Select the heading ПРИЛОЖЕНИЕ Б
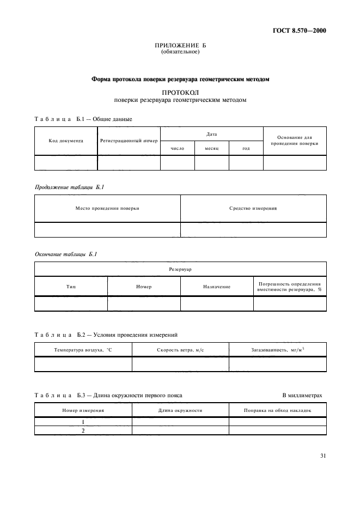click(x=180, y=45)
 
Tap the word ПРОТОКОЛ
click(x=180, y=93)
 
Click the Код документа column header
click(x=66, y=141)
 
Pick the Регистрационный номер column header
click(x=129, y=141)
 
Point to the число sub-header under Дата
click(x=177, y=148)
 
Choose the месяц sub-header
click(x=211, y=148)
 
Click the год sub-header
click(x=246, y=148)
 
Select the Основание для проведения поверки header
click(x=295, y=140)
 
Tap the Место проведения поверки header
click(x=107, y=208)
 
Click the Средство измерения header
click(x=253, y=208)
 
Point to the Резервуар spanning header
click(x=180, y=269)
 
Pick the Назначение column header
click(x=217, y=286)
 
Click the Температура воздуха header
click(x=83, y=349)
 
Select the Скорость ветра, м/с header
click(x=180, y=349)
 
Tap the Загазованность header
click(x=278, y=349)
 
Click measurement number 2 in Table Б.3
click(x=83, y=430)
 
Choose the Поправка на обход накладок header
click(x=278, y=410)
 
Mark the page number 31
click(x=322, y=457)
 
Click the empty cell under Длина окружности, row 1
click(x=180, y=422)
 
